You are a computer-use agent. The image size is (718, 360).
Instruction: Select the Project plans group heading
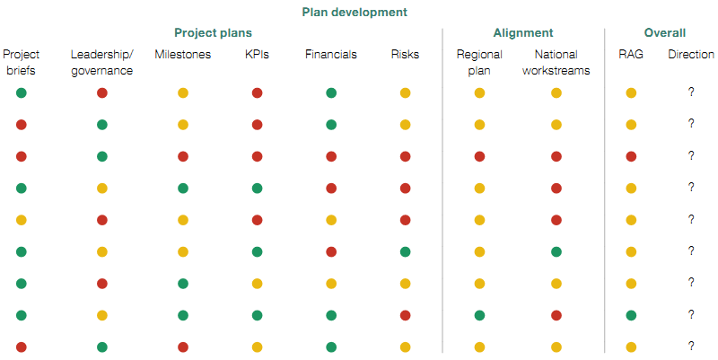tap(213, 33)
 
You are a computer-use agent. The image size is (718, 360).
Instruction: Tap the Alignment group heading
tap(523, 33)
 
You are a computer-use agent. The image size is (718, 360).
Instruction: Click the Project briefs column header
tap(21, 63)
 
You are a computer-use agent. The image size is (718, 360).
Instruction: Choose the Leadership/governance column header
tap(102, 63)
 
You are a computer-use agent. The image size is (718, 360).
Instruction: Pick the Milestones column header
tap(183, 55)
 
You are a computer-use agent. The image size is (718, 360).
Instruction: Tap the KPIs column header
tap(257, 55)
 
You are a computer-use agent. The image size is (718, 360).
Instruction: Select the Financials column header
tap(330, 55)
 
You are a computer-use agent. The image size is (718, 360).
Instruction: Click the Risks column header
tap(405, 55)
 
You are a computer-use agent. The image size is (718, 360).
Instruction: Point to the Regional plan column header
tap(479, 63)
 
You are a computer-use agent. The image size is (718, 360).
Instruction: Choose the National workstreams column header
tap(556, 63)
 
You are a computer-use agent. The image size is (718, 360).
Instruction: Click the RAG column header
tap(631, 55)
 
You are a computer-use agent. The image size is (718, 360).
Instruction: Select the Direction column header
tap(691, 55)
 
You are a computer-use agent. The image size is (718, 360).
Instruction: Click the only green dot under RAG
tap(631, 315)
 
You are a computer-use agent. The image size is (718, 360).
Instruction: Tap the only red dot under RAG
tap(631, 156)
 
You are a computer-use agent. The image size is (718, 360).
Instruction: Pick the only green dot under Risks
tap(405, 251)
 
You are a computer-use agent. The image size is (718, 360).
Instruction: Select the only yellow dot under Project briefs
tap(21, 220)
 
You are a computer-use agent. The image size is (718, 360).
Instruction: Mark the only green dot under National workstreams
tap(556, 251)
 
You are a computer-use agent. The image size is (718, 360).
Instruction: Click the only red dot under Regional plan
tap(479, 156)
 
